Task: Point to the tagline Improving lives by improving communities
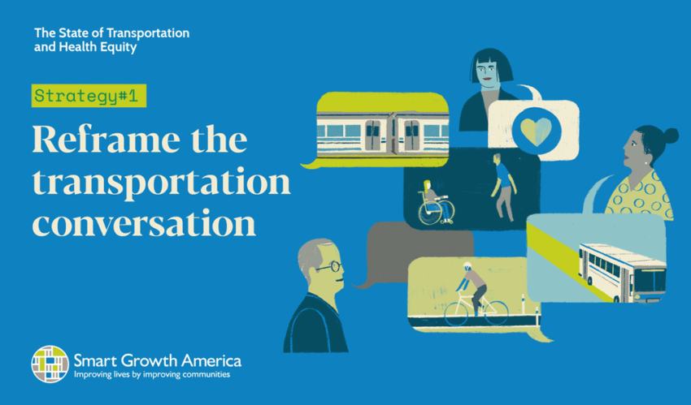152,375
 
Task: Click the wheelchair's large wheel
430,213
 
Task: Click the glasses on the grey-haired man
329,266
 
